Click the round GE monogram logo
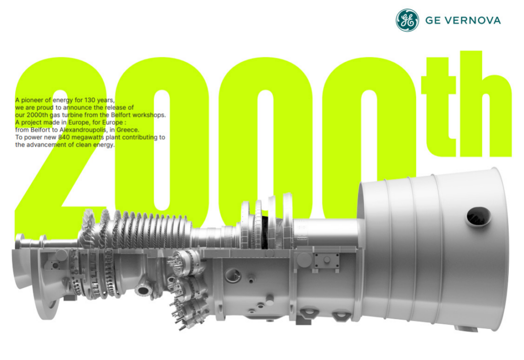click(x=407, y=20)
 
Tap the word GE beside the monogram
click(x=433, y=20)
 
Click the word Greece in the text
click(x=127, y=129)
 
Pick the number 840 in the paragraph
click(x=63, y=137)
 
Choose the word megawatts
click(x=86, y=137)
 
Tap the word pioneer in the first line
click(x=33, y=100)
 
